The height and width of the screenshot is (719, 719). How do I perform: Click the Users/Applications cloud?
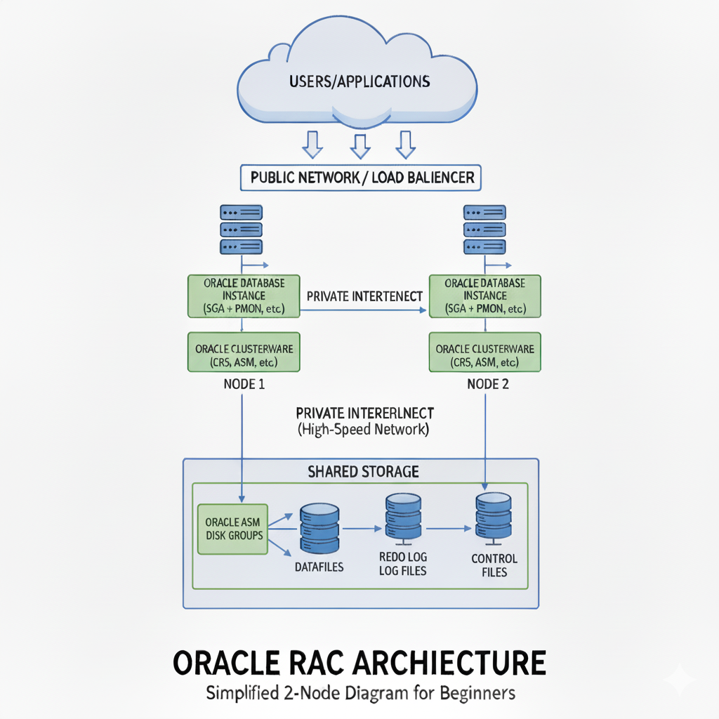click(358, 81)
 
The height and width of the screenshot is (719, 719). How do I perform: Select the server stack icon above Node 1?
click(241, 229)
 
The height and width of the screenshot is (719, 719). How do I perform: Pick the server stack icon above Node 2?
click(484, 229)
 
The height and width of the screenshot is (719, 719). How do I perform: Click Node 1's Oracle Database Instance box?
click(244, 296)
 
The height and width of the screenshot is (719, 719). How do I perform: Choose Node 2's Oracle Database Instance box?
click(484, 296)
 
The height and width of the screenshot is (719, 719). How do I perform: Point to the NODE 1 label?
click(244, 385)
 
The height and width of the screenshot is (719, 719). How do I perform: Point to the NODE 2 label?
click(484, 385)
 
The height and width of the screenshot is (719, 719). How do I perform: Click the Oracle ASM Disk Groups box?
click(233, 529)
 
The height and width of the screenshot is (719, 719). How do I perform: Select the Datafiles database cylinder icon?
click(319, 528)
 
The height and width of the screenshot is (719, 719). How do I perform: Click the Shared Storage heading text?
click(363, 472)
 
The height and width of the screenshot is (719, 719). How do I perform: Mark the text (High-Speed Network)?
click(363, 430)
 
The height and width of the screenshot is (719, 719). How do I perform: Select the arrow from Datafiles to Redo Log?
click(360, 529)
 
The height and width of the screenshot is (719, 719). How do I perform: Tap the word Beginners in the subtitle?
click(477, 693)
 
